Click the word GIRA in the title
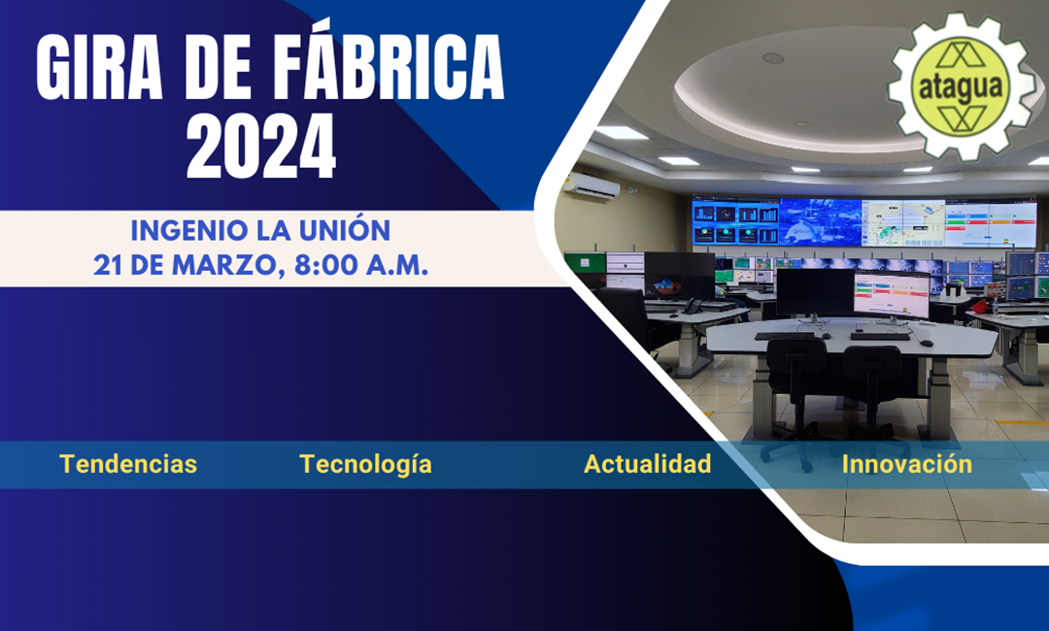point(100,67)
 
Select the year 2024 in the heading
point(261,146)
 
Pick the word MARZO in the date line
point(223,265)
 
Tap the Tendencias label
point(128,464)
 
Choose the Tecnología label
point(365,465)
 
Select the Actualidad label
point(647,464)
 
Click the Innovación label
point(906,464)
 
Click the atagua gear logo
point(961,86)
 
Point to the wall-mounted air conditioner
point(592,185)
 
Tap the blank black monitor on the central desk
point(815,293)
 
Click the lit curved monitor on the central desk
point(893,297)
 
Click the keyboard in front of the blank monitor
point(784,336)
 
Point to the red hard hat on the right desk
point(979,306)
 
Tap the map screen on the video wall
point(902,223)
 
